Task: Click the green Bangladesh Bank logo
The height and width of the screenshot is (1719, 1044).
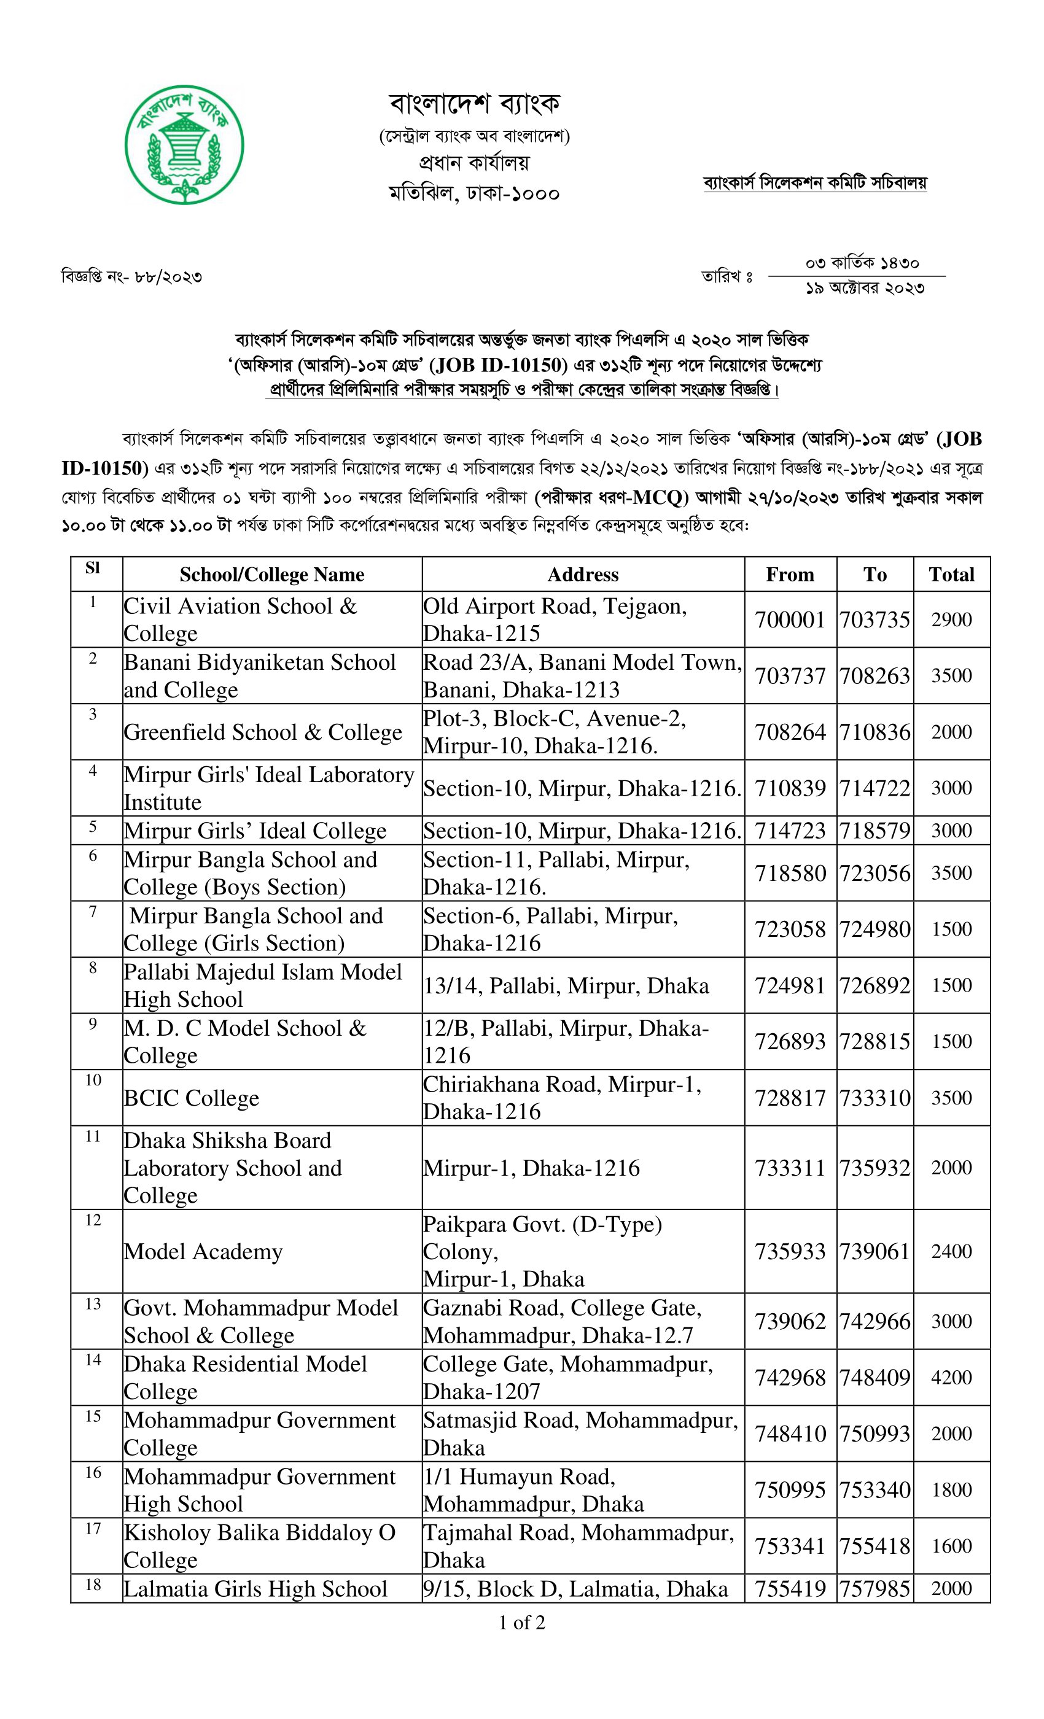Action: [x=184, y=145]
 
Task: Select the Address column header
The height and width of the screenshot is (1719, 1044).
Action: [x=583, y=574]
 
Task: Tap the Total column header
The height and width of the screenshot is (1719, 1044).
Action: [x=951, y=574]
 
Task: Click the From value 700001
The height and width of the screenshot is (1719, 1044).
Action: [x=790, y=619]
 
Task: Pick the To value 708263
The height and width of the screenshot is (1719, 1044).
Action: [x=875, y=675]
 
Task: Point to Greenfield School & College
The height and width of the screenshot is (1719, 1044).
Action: [x=263, y=732]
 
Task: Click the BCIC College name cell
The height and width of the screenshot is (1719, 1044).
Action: [x=192, y=1098]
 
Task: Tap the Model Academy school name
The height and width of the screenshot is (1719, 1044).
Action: [x=203, y=1251]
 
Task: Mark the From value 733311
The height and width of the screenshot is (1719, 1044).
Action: [x=790, y=1167]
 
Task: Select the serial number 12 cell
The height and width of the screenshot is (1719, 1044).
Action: [x=93, y=1220]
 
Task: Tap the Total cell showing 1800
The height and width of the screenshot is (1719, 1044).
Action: [x=951, y=1489]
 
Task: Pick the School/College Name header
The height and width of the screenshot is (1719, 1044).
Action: [x=271, y=574]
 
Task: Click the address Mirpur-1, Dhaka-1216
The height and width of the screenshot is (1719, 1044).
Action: [x=531, y=1167]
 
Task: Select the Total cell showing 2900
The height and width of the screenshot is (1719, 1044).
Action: [x=951, y=619]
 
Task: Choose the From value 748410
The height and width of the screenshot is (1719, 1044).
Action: [x=790, y=1433]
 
